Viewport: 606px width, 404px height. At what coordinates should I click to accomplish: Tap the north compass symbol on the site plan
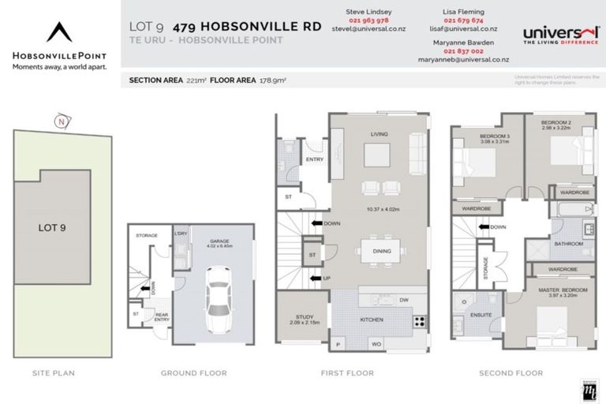pyautogui.click(x=61, y=122)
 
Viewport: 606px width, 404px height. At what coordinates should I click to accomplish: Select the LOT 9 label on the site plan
pyautogui.click(x=52, y=228)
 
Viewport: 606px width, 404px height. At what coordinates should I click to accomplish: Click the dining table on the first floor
pyautogui.click(x=380, y=254)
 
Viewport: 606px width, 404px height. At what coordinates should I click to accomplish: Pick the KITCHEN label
pyautogui.click(x=372, y=321)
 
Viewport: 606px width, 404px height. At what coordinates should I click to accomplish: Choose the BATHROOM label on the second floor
pyautogui.click(x=568, y=244)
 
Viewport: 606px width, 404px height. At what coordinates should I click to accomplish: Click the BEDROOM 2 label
pyautogui.click(x=555, y=124)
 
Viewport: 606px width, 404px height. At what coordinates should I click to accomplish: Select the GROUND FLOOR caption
pyautogui.click(x=193, y=372)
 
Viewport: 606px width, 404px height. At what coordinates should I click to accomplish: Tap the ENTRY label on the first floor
pyautogui.click(x=315, y=159)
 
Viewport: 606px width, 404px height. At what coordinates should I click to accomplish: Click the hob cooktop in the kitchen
pyautogui.click(x=420, y=321)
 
